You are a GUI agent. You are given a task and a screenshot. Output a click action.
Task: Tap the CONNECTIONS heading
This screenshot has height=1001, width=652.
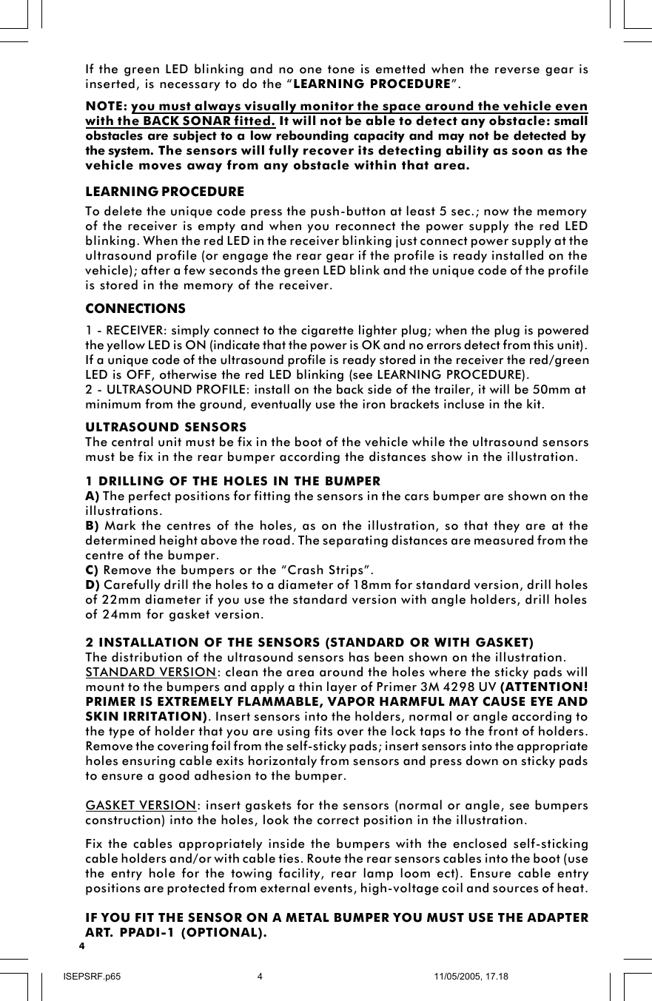click(x=135, y=308)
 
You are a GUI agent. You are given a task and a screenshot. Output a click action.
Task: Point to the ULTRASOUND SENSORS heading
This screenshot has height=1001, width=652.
click(x=167, y=428)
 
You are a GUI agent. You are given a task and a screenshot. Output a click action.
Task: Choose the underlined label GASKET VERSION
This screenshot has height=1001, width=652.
click(x=141, y=805)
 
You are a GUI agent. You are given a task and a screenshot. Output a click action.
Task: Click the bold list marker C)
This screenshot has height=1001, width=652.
click(x=93, y=570)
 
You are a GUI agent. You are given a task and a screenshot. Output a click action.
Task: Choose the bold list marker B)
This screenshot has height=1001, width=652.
click(x=93, y=525)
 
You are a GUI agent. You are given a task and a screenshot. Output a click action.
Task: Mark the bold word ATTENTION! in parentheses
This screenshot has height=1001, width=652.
click(x=545, y=687)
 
